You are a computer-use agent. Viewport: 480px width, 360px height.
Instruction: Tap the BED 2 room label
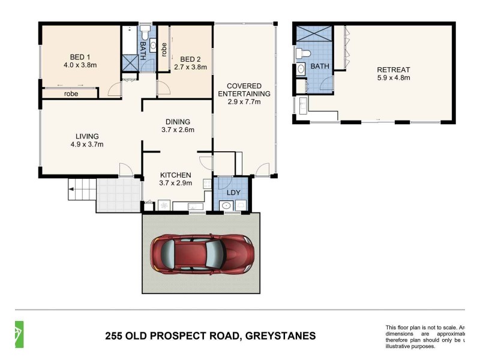tap(190, 59)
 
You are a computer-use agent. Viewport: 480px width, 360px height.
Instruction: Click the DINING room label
tap(178, 121)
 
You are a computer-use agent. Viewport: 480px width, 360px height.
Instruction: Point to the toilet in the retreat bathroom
tap(304, 54)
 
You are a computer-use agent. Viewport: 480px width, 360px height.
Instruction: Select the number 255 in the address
tap(115, 336)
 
